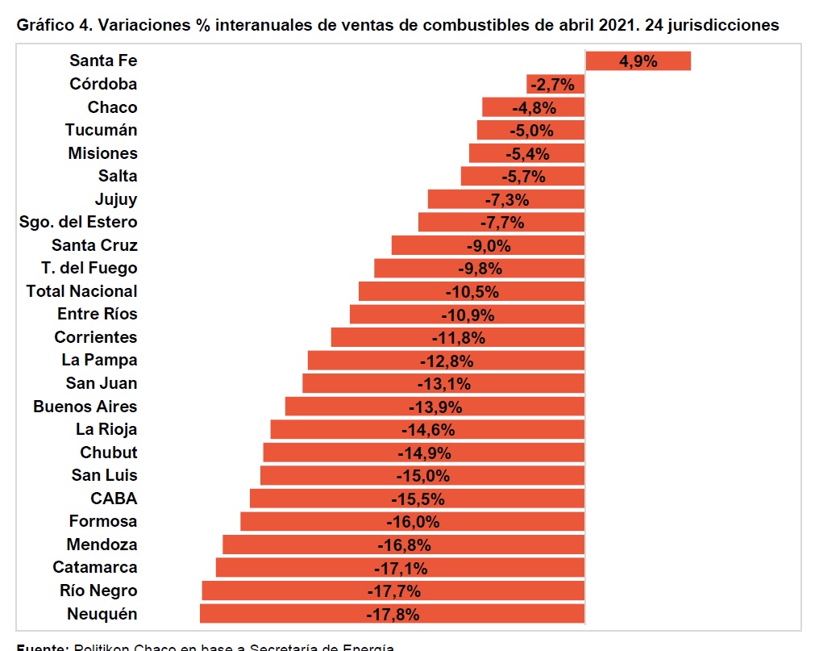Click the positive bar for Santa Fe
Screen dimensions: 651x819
(638, 61)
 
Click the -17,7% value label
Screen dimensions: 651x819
(393, 591)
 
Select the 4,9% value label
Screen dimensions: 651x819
(638, 61)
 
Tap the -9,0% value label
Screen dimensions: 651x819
(488, 245)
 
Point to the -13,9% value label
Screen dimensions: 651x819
(435, 407)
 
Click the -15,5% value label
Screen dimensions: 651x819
(418, 499)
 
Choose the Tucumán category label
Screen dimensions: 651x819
(101, 130)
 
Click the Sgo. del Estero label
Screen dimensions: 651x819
(78, 222)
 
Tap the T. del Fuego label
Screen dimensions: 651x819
(89, 268)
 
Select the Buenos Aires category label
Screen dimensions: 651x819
(85, 407)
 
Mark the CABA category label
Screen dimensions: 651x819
(114, 499)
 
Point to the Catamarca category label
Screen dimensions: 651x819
(94, 567)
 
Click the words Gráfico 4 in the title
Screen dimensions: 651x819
(50, 25)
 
